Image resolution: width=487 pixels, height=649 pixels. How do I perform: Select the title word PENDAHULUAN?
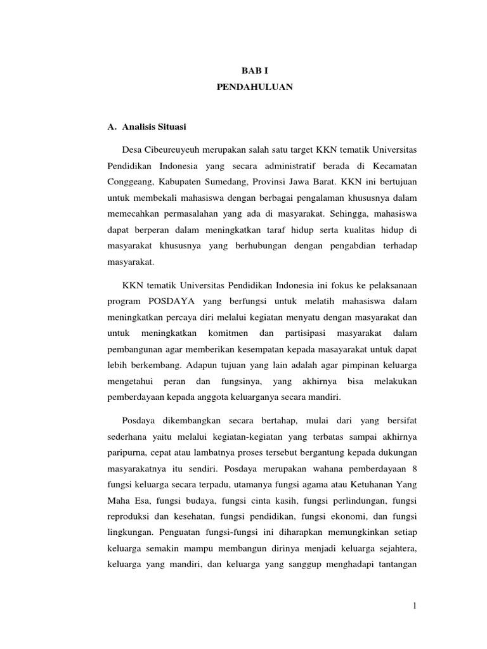pyautogui.click(x=245, y=88)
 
